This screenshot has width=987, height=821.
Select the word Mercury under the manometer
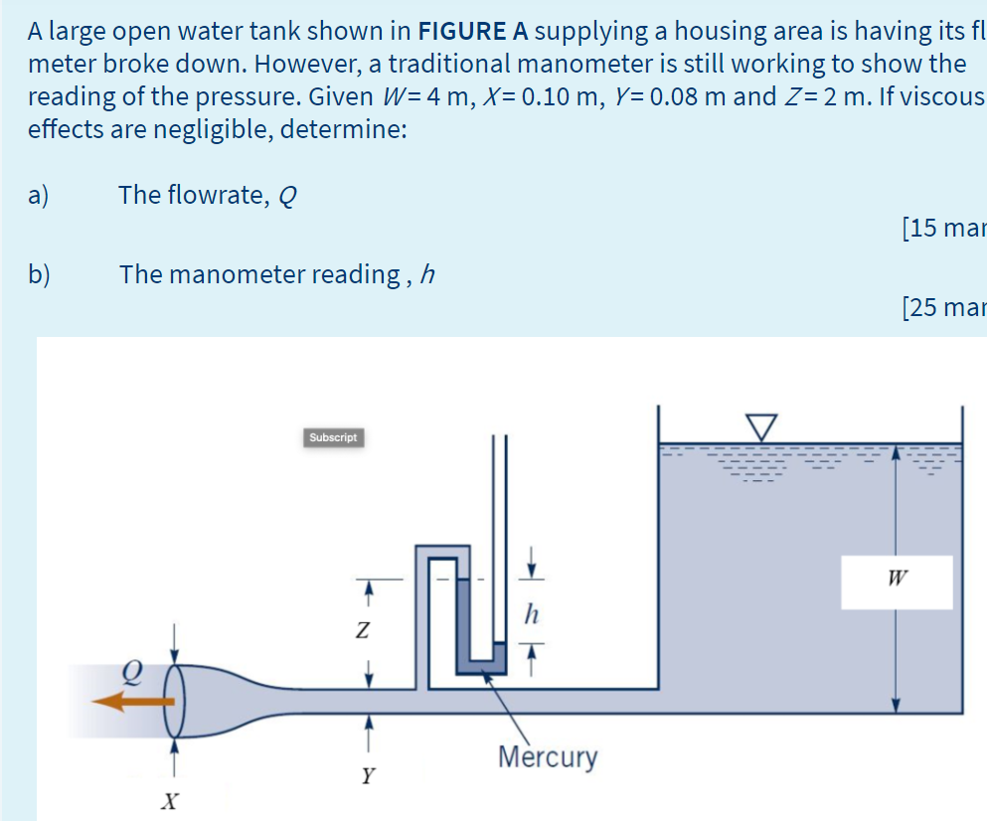[x=548, y=757]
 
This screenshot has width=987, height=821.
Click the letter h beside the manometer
[x=532, y=615]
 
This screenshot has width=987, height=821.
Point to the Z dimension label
[x=364, y=630]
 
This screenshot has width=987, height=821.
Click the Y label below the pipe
[x=368, y=775]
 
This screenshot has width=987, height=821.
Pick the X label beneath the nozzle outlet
[x=172, y=799]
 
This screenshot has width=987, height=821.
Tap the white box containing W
[x=897, y=581]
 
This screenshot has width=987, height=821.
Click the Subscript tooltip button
[x=333, y=437]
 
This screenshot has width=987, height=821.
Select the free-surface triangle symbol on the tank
[x=762, y=425]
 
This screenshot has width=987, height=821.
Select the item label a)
[x=40, y=195]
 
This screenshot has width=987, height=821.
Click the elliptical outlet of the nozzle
[x=175, y=701]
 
